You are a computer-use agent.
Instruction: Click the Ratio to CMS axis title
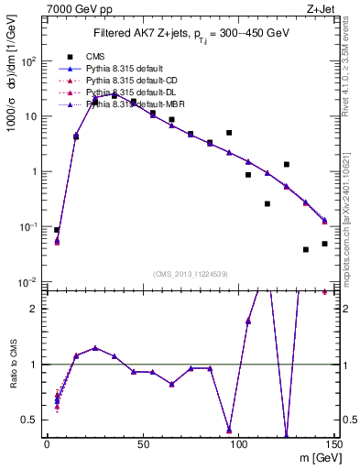coord(14,366)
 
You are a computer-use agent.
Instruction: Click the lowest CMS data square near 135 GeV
coord(306,249)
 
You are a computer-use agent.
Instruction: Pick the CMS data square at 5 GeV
coord(57,230)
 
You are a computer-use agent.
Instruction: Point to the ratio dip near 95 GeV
coord(229,429)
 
